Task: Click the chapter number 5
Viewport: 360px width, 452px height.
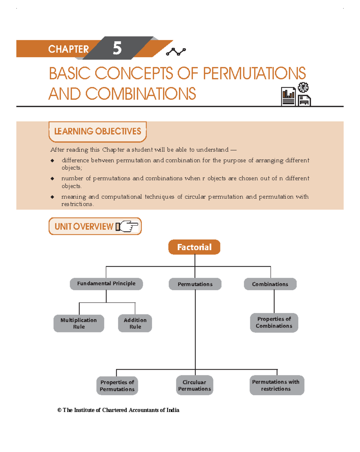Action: (x=117, y=48)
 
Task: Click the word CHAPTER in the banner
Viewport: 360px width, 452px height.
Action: (x=68, y=49)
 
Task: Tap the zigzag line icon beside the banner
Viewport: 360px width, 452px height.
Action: (x=176, y=52)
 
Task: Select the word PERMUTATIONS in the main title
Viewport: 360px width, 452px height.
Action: (x=254, y=74)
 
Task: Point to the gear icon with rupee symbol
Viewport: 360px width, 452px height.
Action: (x=303, y=87)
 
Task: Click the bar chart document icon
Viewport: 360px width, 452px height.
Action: (x=288, y=96)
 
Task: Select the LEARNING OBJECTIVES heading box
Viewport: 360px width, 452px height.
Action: (x=97, y=131)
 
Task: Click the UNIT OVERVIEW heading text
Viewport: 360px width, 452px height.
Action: (x=84, y=227)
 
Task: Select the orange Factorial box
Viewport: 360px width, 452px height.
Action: (x=194, y=247)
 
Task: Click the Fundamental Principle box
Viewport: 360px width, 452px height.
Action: (x=106, y=284)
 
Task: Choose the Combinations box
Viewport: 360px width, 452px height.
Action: (x=270, y=284)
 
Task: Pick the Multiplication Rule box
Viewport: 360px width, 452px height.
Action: (x=79, y=323)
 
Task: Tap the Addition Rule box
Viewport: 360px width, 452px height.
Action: (x=135, y=323)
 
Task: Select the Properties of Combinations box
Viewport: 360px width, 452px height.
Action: (x=274, y=323)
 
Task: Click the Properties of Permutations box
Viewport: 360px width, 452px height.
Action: (x=117, y=386)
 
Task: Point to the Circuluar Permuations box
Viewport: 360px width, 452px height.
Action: (x=194, y=385)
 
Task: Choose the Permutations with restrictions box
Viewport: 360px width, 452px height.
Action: (x=277, y=385)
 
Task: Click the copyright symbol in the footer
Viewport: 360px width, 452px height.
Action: (x=59, y=410)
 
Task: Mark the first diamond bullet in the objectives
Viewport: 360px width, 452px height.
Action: (x=52, y=161)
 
